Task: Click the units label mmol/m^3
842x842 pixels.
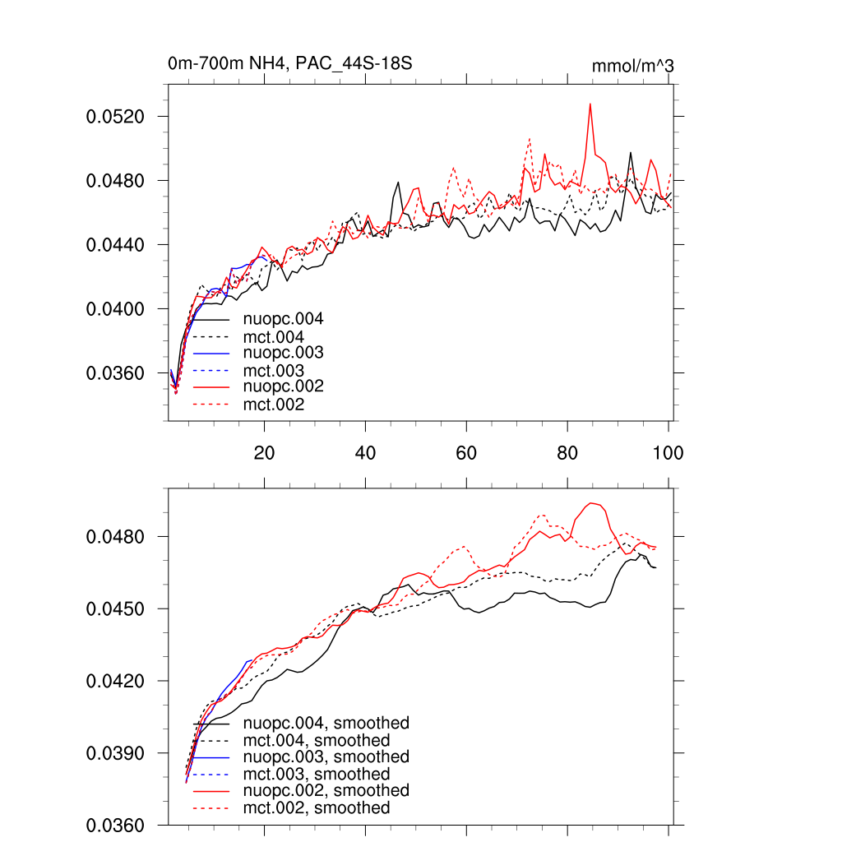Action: coord(633,66)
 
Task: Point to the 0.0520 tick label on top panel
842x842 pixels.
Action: coord(115,117)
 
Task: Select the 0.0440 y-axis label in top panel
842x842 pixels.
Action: coord(115,245)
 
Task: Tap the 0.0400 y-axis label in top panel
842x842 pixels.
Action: coord(115,309)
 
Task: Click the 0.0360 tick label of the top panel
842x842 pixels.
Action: coord(115,373)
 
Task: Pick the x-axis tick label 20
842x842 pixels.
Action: coord(264,452)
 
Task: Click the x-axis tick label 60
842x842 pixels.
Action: coord(466,452)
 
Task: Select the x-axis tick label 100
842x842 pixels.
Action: coord(667,452)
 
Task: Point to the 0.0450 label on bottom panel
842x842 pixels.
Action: coord(115,609)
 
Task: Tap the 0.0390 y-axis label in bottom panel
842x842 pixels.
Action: coord(115,753)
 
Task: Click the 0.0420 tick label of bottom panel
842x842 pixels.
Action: coord(115,682)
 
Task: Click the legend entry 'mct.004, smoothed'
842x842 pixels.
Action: coord(317,741)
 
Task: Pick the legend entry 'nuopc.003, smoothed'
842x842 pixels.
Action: coord(326,756)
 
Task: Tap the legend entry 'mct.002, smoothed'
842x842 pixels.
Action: coord(317,808)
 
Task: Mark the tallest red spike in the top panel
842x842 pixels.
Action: coord(590,104)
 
